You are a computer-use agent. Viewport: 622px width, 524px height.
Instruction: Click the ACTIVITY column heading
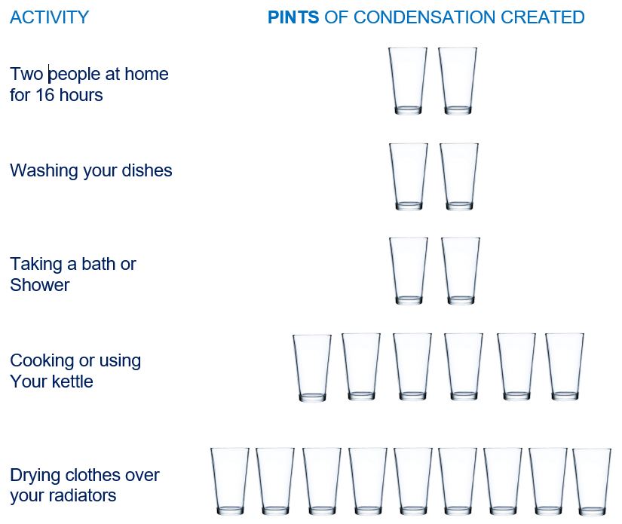click(x=50, y=17)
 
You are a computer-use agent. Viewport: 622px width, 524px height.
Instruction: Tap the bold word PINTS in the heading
click(x=293, y=17)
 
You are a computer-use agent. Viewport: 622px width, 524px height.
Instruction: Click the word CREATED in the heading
click(x=543, y=17)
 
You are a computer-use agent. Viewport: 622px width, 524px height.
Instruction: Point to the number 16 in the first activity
click(x=44, y=95)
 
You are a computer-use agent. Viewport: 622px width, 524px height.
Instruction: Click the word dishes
click(x=147, y=170)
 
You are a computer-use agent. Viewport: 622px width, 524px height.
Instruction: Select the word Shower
click(x=40, y=285)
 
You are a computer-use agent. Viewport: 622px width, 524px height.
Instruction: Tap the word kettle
click(x=72, y=382)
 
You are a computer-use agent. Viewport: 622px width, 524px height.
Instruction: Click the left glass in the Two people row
click(x=408, y=81)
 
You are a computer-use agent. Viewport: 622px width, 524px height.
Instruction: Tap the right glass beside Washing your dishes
click(x=459, y=176)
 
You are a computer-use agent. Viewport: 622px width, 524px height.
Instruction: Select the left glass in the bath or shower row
click(x=409, y=271)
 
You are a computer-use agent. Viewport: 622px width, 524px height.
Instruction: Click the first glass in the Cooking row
click(x=312, y=368)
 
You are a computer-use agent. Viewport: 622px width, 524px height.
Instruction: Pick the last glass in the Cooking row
click(x=565, y=367)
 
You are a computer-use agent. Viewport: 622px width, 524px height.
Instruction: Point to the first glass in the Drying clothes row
click(x=230, y=482)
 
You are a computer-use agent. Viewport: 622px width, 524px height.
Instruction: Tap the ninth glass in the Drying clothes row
click(x=592, y=482)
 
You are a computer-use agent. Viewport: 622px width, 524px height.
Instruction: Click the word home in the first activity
click(x=146, y=74)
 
